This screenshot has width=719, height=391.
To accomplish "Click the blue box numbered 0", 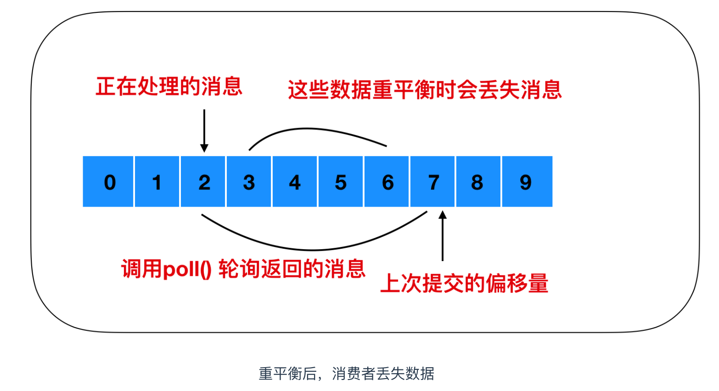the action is click(108, 182).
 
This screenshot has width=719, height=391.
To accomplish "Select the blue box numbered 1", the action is click(157, 182).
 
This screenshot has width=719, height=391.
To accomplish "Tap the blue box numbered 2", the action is click(203, 182).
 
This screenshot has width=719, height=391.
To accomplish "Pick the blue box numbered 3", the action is click(249, 182).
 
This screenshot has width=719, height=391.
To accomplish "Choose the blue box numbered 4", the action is click(295, 182).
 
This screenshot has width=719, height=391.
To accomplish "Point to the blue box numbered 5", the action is click(341, 182).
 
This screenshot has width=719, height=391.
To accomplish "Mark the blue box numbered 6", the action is click(387, 182).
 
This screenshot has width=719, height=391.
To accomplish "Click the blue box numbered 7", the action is click(433, 182).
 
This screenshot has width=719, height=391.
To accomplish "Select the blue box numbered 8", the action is click(478, 182).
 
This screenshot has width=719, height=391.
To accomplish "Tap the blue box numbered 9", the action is click(527, 182).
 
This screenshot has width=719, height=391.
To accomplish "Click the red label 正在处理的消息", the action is click(169, 86).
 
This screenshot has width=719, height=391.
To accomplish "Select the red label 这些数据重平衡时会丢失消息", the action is click(425, 89).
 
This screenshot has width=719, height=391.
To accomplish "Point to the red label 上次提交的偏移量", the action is click(465, 283).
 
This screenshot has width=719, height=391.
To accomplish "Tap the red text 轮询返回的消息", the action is click(292, 269).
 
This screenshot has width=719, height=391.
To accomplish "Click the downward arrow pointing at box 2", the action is click(204, 130).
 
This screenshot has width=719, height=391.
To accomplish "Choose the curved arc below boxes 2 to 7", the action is click(312, 249).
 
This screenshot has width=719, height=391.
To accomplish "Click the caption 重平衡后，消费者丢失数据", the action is click(347, 374).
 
